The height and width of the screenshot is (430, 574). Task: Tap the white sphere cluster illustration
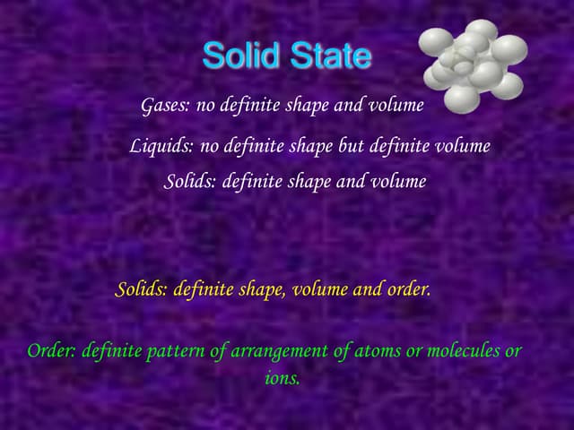(x=473, y=66)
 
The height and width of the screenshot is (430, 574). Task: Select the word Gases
(x=165, y=106)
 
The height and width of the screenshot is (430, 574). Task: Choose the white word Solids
(x=189, y=182)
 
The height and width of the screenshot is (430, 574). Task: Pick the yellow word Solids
(x=141, y=290)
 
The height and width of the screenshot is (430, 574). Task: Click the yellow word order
(x=407, y=290)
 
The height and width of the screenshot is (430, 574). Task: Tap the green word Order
(x=51, y=351)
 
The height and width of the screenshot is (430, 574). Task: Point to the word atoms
(x=378, y=351)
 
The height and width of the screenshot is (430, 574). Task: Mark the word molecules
(x=461, y=351)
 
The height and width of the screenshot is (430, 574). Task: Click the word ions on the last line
(x=282, y=379)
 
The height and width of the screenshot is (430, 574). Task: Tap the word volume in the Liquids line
(x=463, y=146)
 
